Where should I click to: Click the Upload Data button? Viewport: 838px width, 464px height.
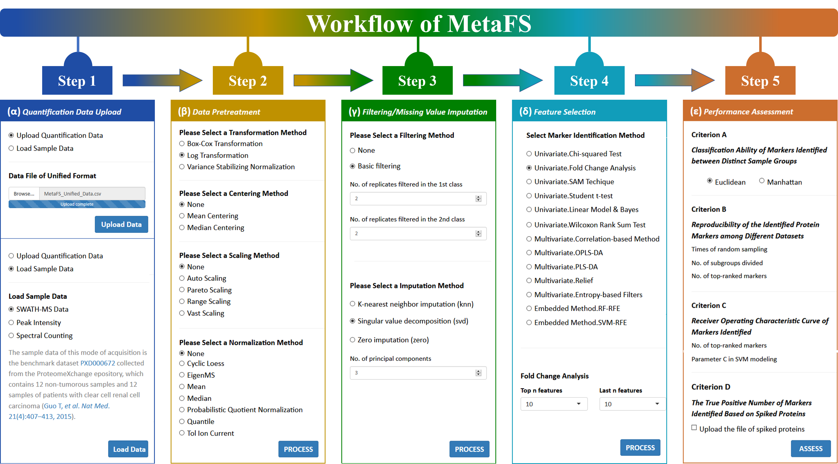coord(121,224)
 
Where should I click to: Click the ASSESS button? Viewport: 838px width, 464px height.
coord(811,448)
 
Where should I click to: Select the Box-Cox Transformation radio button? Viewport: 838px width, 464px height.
coord(182,144)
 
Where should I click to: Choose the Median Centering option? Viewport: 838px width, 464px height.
coord(182,228)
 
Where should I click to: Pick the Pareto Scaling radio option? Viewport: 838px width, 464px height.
coord(182,290)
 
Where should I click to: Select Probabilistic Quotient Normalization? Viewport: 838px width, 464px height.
coord(182,410)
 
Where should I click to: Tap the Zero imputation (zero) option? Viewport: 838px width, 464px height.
coord(352,340)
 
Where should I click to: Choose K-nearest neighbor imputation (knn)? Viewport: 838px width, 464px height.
coord(352,304)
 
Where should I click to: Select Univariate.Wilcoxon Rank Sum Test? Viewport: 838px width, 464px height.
coord(529,225)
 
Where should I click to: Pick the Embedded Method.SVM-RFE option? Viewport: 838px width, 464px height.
coord(529,322)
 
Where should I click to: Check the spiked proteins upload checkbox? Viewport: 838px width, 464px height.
coord(694,428)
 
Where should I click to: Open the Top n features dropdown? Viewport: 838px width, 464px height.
coord(554,404)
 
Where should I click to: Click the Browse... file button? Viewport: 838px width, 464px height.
coord(24,193)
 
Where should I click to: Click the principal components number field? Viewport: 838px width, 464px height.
coord(418,373)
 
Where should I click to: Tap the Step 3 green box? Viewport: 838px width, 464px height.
coord(417,80)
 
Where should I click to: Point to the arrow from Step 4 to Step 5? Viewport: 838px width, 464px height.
coord(675,80)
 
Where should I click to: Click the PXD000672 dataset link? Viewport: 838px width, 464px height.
coord(98,363)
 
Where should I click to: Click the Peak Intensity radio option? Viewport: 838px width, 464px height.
coord(11,322)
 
